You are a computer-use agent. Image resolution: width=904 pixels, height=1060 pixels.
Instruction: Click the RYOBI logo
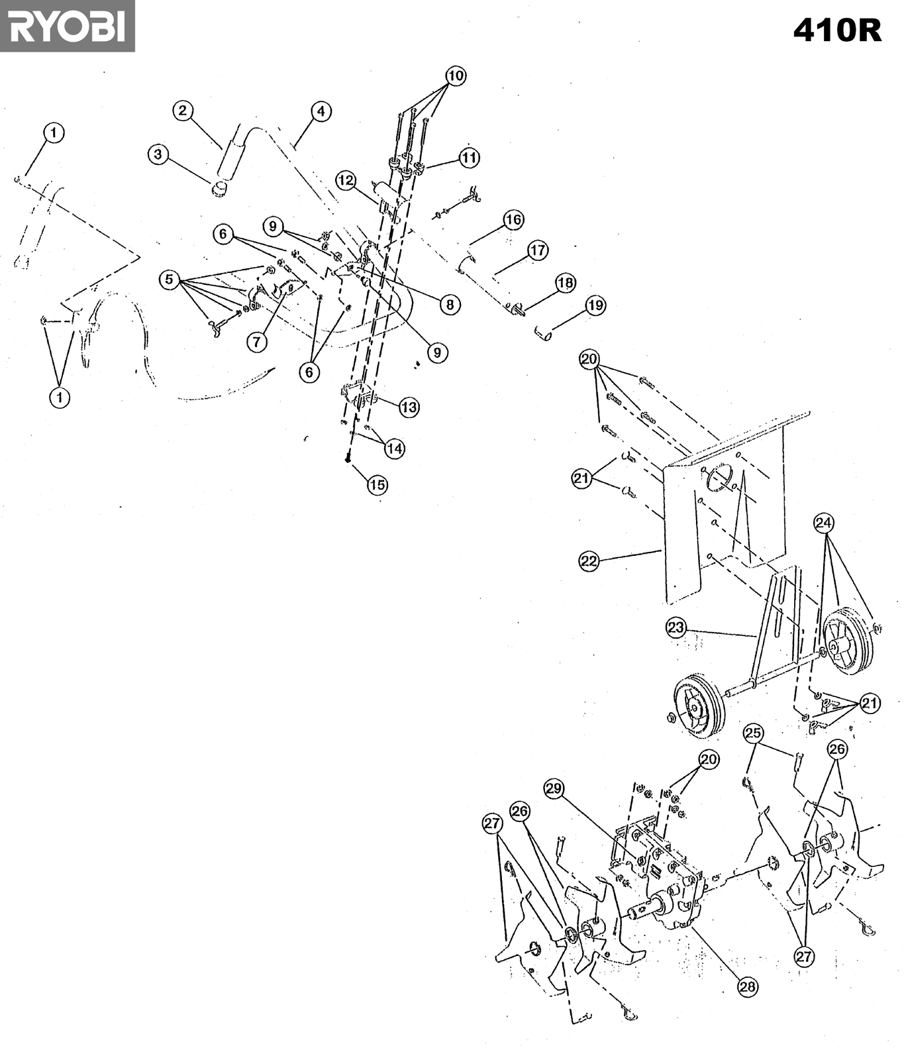[x=67, y=26]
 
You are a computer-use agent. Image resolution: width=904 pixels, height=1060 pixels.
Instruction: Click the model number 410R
[x=837, y=30]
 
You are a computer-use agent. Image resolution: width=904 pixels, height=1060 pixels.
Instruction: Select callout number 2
[x=183, y=111]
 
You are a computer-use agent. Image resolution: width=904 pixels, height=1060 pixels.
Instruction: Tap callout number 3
[x=158, y=155]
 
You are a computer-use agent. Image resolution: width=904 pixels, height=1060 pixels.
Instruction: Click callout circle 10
[x=456, y=76]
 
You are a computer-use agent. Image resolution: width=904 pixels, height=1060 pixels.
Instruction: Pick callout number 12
[x=346, y=180]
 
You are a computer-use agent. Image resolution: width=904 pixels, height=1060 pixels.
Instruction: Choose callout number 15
[x=377, y=484]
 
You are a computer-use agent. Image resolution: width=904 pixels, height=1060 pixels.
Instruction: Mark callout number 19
[x=595, y=305]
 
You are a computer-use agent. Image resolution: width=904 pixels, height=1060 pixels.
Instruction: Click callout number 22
[x=589, y=561]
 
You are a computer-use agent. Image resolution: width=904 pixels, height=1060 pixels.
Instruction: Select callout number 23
[x=676, y=627]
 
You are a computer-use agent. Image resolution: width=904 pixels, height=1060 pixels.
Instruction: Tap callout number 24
[x=823, y=523]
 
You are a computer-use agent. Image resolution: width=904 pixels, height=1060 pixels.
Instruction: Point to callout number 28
[x=747, y=986]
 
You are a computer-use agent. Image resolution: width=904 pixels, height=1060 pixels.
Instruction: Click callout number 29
[x=554, y=788]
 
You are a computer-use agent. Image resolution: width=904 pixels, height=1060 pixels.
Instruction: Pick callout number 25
[x=753, y=733]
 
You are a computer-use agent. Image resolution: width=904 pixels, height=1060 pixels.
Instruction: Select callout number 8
[x=450, y=304]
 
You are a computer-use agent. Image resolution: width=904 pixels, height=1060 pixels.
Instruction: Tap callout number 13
[x=409, y=407]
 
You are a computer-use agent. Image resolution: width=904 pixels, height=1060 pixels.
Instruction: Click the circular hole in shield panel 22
[x=720, y=477]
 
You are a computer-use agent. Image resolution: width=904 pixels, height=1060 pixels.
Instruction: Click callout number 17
[x=538, y=250]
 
